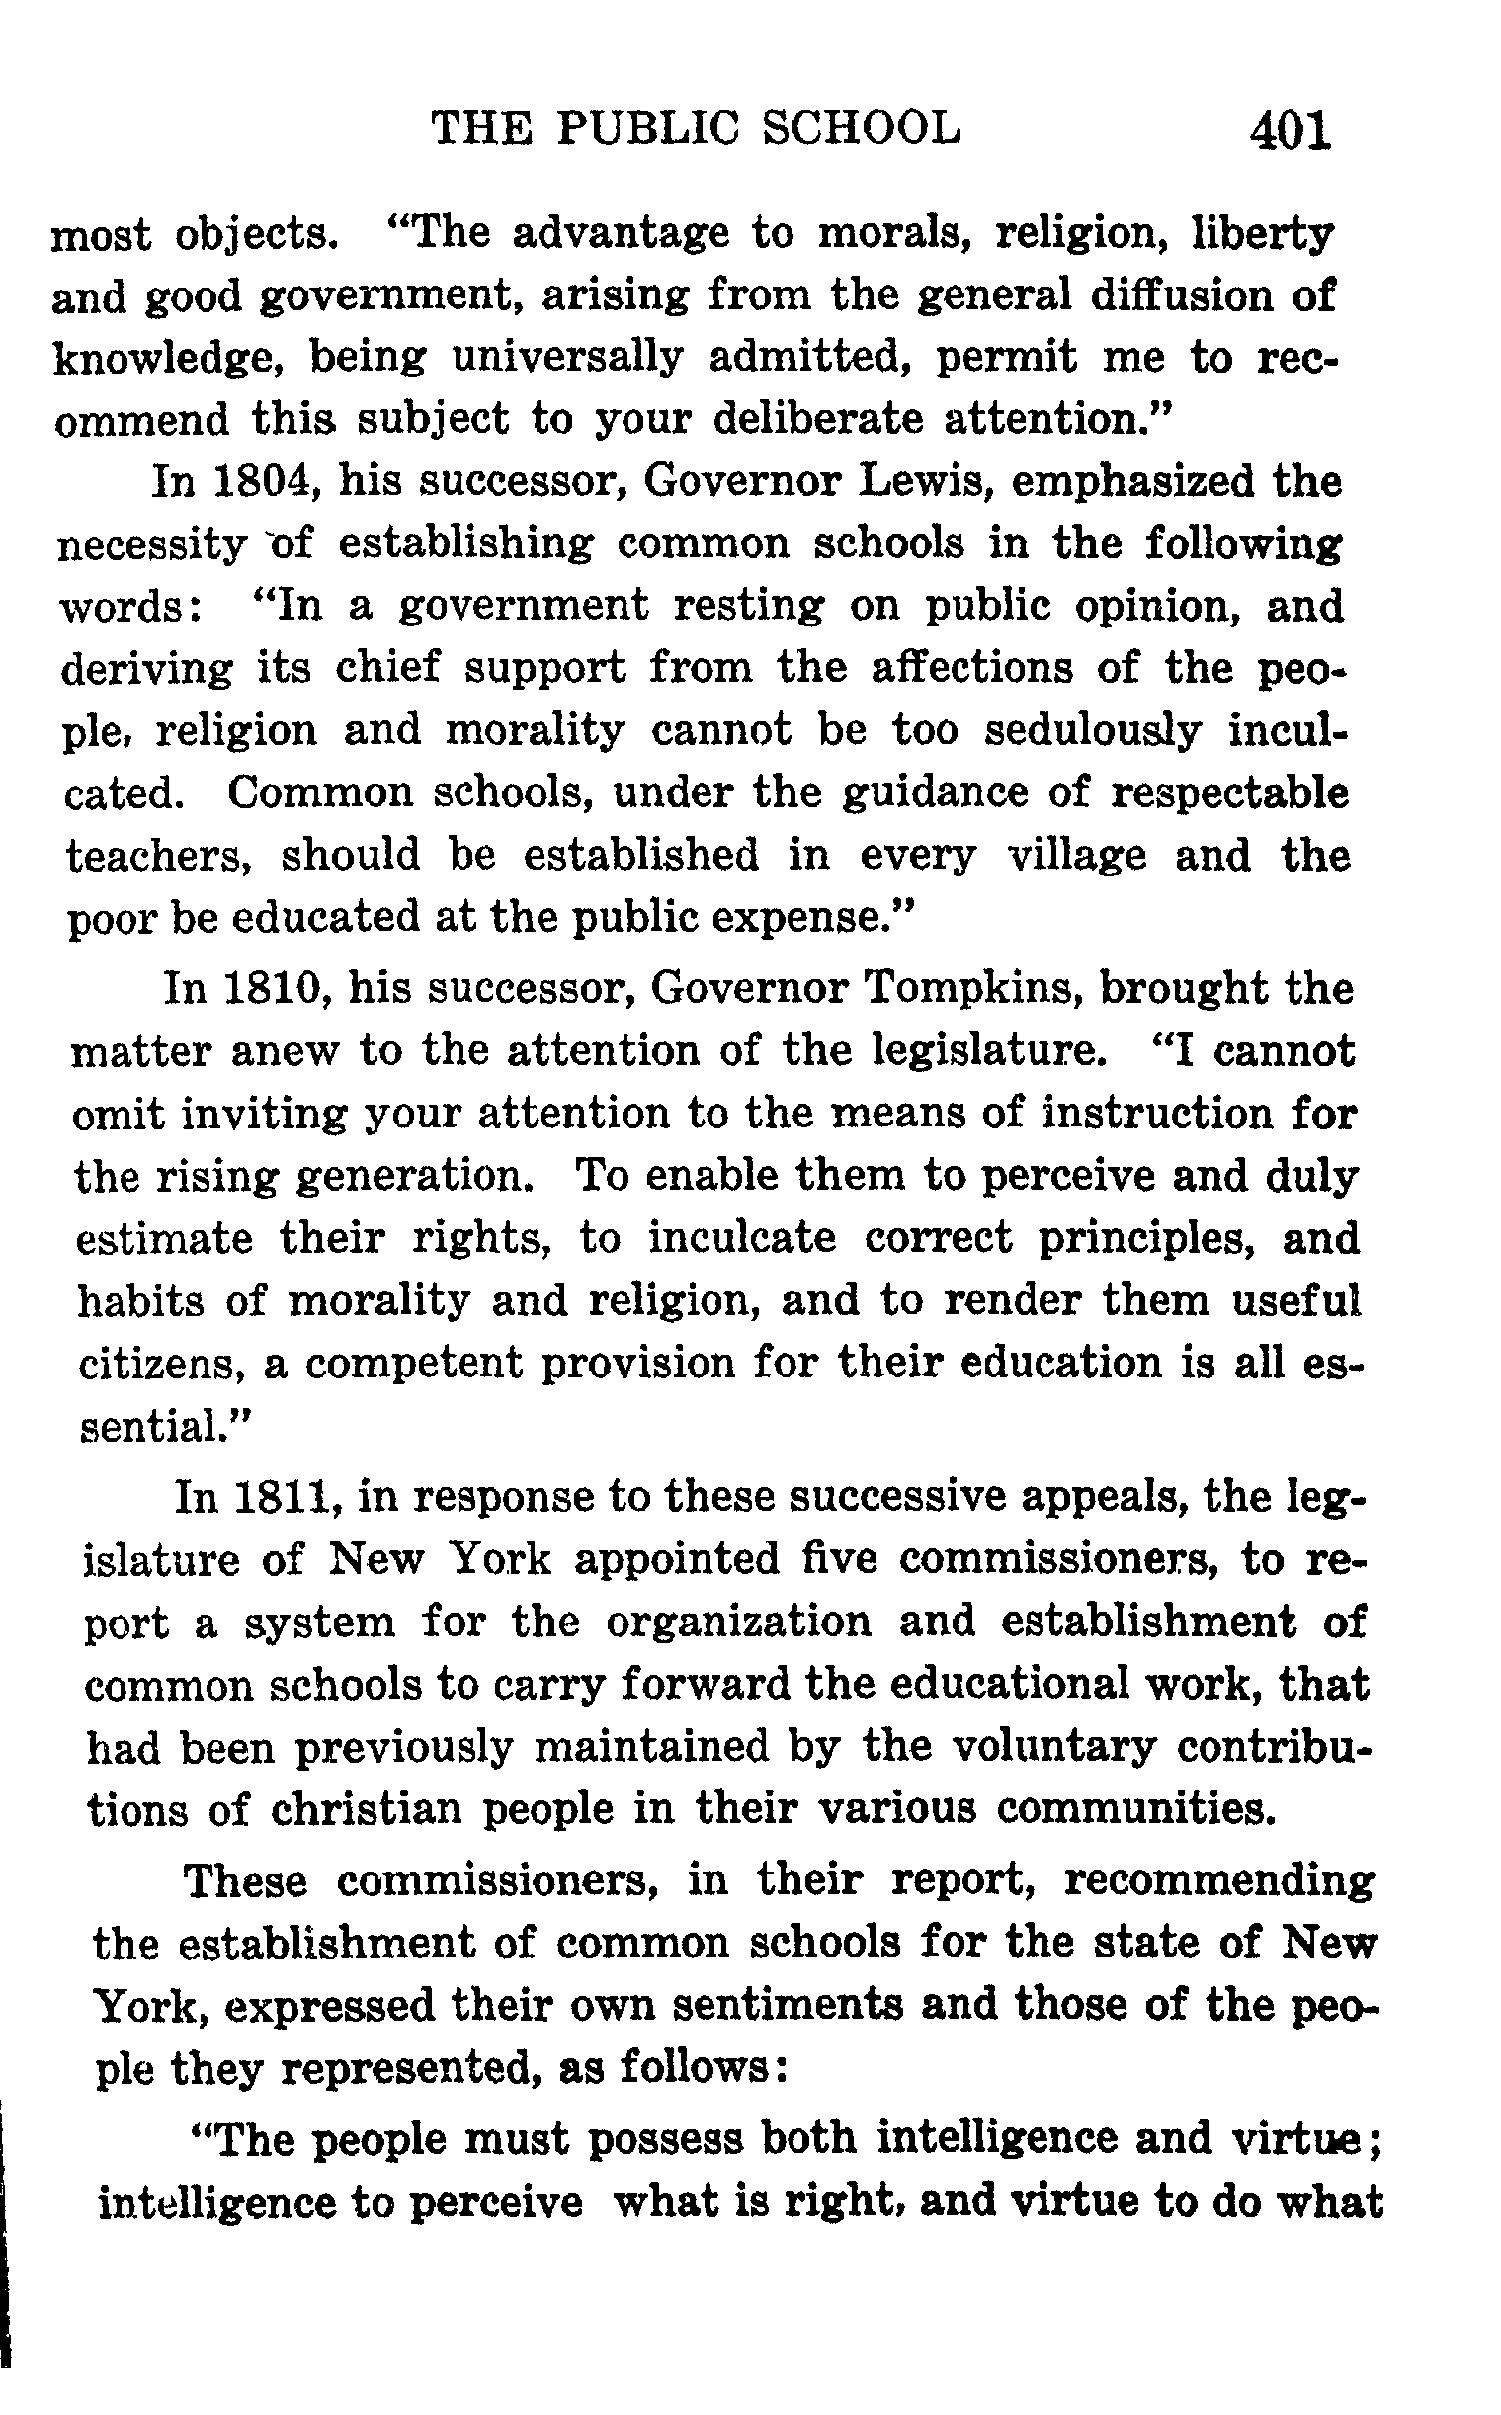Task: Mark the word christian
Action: (367, 1807)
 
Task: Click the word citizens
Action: (161, 1363)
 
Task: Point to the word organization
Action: (738, 1621)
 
